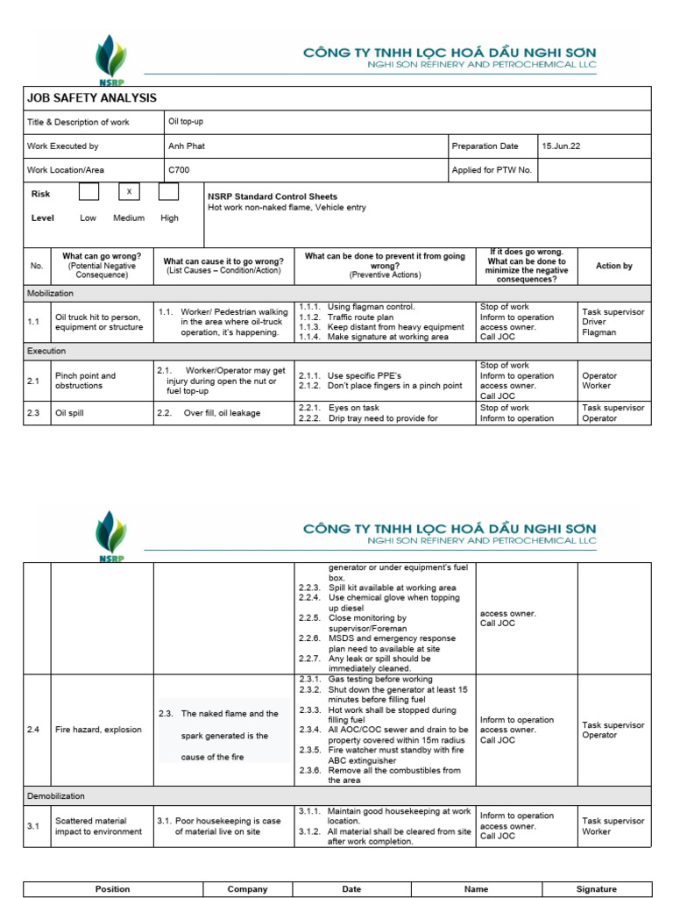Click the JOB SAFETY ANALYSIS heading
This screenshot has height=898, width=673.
click(x=92, y=98)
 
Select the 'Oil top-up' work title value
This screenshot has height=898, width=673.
click(x=186, y=122)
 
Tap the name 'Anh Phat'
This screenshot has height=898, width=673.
click(x=186, y=146)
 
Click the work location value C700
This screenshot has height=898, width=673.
click(x=178, y=170)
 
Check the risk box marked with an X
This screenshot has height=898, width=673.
click(x=129, y=192)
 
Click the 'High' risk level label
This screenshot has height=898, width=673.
click(x=169, y=217)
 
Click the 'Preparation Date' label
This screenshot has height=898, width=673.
click(x=485, y=146)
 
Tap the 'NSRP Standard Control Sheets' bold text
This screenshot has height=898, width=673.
click(x=272, y=196)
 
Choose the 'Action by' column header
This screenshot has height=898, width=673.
click(x=613, y=266)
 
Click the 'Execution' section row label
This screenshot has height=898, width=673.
click(x=46, y=351)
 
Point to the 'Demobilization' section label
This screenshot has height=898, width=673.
click(x=56, y=796)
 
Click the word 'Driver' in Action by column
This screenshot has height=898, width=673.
click(x=594, y=322)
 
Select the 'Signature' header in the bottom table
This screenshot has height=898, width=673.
click(x=596, y=888)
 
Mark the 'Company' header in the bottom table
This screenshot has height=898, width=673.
click(x=247, y=888)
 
